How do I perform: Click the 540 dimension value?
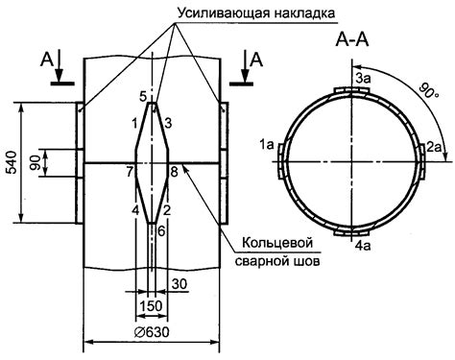[12, 162]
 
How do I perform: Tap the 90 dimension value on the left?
[36, 162]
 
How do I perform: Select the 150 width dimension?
[151, 306]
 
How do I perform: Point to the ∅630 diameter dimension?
[152, 332]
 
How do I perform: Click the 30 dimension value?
[180, 284]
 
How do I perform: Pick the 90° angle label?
[429, 91]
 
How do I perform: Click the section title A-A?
[352, 40]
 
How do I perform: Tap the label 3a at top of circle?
[363, 79]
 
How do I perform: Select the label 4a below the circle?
[364, 246]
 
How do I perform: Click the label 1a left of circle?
[267, 145]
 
